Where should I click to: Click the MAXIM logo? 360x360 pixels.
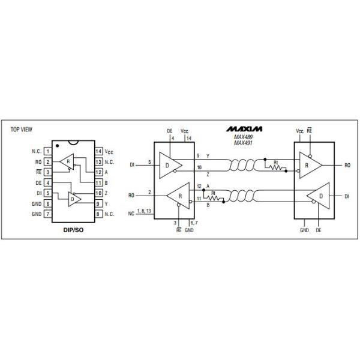(x=244, y=129)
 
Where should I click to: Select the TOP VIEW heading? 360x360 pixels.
(x=22, y=130)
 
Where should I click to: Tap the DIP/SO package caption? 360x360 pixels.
(x=73, y=230)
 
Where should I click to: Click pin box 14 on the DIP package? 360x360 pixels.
(x=98, y=151)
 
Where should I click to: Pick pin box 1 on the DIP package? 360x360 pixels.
(x=48, y=151)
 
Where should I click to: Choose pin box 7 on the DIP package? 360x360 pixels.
(x=48, y=214)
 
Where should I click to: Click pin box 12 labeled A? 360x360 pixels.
(x=98, y=172)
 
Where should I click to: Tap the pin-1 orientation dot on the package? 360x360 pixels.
(x=58, y=146)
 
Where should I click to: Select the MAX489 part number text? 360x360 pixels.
(x=243, y=137)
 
